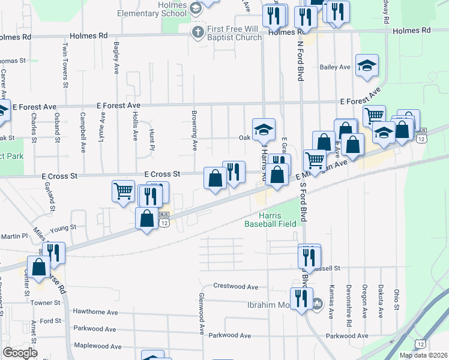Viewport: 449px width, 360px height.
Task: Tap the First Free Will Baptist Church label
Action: coord(235,33)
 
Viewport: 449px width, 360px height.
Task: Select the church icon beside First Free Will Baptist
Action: coord(197,30)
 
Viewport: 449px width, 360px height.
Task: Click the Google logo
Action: coord(20,352)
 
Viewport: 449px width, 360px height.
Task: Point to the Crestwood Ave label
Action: coord(236,287)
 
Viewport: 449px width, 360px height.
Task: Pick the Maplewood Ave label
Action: coord(96,346)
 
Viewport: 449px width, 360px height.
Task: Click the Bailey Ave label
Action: coord(335,67)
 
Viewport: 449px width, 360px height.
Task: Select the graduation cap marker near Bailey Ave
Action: coord(367,66)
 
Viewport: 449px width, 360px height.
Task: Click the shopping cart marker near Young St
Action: coord(123,191)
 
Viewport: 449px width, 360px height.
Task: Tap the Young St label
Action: coord(64,228)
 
